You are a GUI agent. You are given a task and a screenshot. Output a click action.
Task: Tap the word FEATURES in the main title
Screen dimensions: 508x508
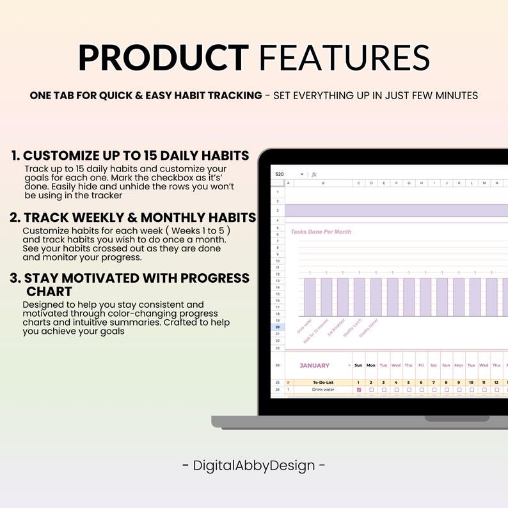[345, 58]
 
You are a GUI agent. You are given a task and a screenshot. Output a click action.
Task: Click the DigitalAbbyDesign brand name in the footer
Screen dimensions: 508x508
[254, 465]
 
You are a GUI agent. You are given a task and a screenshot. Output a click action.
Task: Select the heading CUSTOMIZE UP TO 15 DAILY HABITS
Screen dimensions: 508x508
[136, 155]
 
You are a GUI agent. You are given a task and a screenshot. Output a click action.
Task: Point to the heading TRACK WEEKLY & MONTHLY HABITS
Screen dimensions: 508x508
[139, 218]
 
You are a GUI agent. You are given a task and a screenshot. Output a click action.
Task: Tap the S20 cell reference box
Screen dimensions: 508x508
[280, 174]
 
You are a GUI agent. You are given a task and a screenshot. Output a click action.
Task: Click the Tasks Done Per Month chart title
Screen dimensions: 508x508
[321, 232]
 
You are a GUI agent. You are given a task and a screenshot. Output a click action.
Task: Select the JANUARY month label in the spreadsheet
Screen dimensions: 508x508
[314, 365]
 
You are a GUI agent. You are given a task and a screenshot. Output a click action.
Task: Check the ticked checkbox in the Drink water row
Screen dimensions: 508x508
[358, 389]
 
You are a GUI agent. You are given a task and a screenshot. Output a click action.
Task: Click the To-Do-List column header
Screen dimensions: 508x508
[323, 382]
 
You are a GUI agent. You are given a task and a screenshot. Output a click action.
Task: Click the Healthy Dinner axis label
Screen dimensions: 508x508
[368, 328]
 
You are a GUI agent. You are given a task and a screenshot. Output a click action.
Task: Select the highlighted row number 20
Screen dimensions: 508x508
[278, 327]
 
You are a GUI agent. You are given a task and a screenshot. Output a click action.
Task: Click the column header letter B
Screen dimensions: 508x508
[322, 183]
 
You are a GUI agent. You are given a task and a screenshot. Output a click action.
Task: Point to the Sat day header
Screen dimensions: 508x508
[433, 365]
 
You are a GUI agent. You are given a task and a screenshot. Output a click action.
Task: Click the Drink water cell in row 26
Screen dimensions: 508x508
[323, 389]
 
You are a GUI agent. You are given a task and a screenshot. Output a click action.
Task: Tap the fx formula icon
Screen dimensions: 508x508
[314, 174]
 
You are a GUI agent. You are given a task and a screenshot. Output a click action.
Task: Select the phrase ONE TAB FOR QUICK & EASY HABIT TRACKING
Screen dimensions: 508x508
[146, 95]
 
